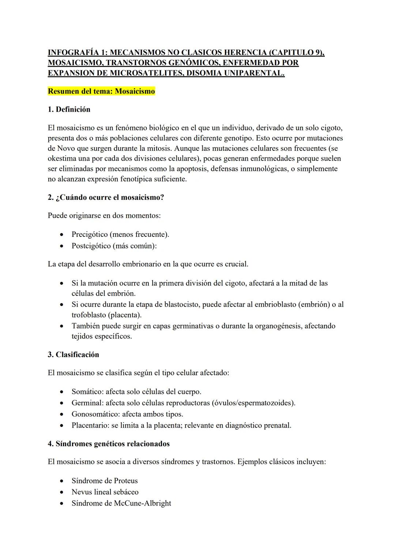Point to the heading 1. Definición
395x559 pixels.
(x=69, y=109)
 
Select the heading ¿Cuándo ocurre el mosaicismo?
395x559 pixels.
(x=106, y=197)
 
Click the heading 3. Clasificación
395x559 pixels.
(x=74, y=355)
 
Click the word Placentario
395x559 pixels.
(x=90, y=425)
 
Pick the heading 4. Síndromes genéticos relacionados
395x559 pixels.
(x=109, y=444)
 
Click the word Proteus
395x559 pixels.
(x=126, y=481)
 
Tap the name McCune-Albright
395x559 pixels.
(x=142, y=503)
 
